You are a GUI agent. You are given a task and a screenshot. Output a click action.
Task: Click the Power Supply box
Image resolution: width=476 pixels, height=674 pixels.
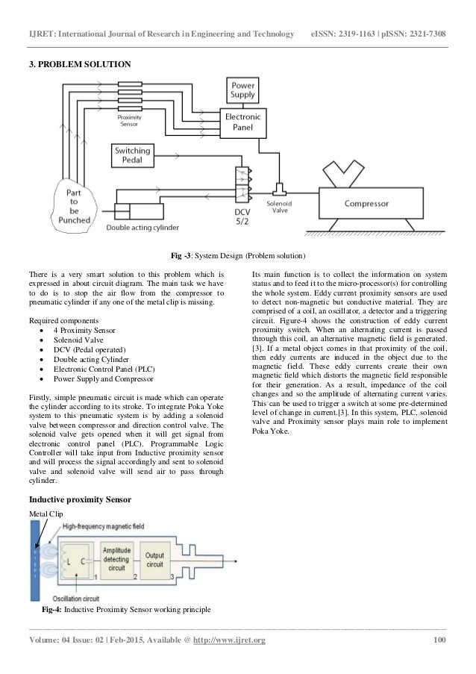click(243, 91)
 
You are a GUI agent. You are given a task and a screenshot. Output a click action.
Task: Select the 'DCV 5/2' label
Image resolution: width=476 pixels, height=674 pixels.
click(242, 216)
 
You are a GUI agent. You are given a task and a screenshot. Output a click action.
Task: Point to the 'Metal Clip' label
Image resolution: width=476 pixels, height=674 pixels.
click(46, 514)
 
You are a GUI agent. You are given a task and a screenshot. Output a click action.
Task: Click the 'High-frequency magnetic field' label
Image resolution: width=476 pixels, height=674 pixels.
click(94, 526)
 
